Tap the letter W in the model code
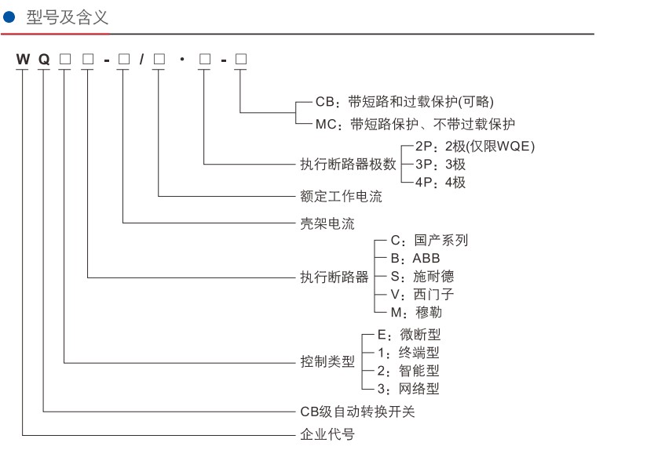point(22,60)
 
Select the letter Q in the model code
point(44,60)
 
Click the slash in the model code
point(142,60)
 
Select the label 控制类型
point(327,362)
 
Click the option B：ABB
point(415,258)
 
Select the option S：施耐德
point(422,276)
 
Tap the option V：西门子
point(422,294)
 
